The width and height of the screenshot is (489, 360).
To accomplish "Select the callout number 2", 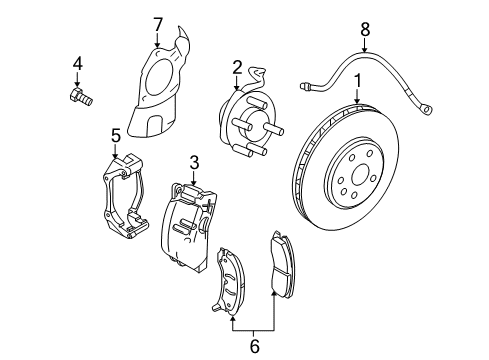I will [x=237, y=67].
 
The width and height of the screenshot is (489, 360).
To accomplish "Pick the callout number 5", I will [x=116, y=134].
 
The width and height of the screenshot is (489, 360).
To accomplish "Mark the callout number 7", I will [x=157, y=23].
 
